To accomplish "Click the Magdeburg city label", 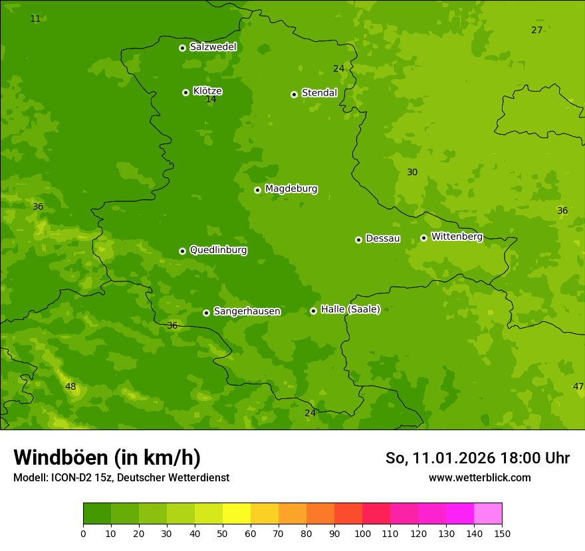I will (291, 189).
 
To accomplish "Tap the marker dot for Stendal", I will (294, 94).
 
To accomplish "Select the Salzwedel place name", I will (213, 47).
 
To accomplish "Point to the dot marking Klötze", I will (185, 92).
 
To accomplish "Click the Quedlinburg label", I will (218, 250).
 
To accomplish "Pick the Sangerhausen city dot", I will (206, 313).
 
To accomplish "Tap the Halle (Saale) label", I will (350, 309).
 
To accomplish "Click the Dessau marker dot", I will (358, 240).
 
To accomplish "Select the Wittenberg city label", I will (457, 236).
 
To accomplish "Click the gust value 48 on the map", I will (70, 386).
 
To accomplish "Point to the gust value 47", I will (578, 386).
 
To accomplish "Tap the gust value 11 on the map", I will (35, 19).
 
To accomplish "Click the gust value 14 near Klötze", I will (211, 100).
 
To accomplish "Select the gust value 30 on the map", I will (412, 172).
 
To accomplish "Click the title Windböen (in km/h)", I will (107, 457).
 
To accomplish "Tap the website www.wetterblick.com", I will (479, 477).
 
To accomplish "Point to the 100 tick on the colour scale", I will (362, 533).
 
